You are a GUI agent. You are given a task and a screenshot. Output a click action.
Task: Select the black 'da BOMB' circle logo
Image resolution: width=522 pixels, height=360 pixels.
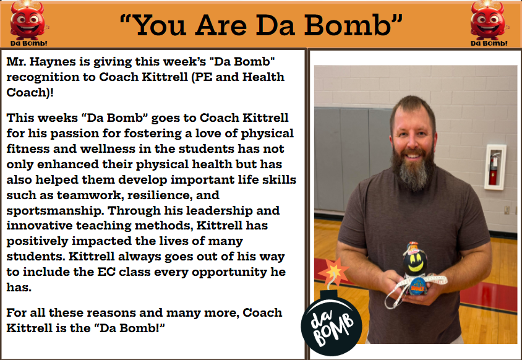[x=332, y=327]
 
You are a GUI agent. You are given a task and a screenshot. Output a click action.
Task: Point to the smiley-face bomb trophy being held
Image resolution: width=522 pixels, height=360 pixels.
[x=414, y=270]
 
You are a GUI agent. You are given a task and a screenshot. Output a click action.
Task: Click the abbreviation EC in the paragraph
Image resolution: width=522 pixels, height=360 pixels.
[x=106, y=272]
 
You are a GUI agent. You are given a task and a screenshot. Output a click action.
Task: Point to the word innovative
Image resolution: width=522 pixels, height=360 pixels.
[x=40, y=226]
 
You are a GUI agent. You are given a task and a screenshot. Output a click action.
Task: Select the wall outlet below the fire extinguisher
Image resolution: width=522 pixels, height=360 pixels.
[x=507, y=210]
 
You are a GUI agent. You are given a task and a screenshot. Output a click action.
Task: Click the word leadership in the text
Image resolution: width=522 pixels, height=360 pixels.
[x=220, y=211]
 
